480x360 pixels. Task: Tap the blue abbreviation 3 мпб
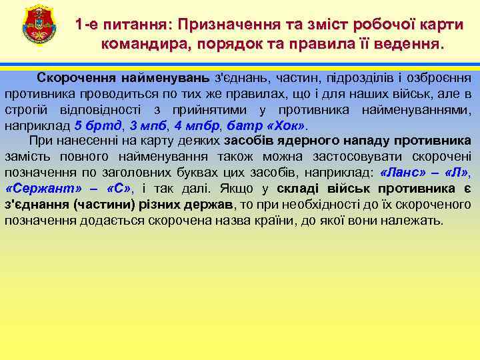point(145,125)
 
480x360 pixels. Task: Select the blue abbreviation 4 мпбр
point(196,125)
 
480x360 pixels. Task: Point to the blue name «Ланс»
point(403,173)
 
